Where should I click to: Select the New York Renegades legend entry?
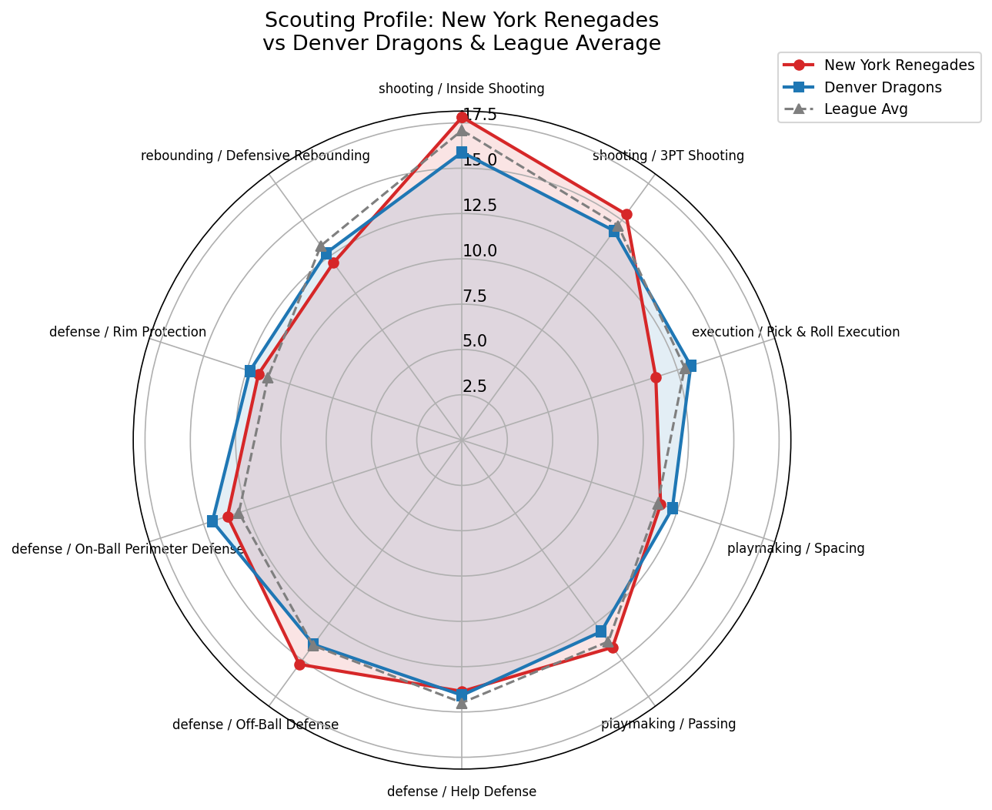[x=899, y=65]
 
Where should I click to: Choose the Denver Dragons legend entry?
[x=882, y=87]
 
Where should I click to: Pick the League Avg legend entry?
[x=865, y=109]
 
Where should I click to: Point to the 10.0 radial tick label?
[x=479, y=251]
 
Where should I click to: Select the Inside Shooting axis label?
[x=461, y=89]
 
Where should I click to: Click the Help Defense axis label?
[x=461, y=792]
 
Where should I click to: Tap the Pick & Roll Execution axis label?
[x=795, y=333]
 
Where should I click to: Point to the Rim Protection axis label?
[x=128, y=333]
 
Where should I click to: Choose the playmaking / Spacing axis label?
[x=796, y=549]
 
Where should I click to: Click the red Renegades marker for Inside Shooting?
[x=462, y=117]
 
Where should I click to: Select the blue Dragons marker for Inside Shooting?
[x=462, y=152]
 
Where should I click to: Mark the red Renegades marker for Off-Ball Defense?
[x=299, y=664]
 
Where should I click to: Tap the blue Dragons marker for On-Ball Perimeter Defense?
[x=212, y=521]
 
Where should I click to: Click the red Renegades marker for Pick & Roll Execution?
[x=656, y=377]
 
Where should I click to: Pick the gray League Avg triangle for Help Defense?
[x=462, y=702]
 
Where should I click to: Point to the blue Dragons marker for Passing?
[x=601, y=631]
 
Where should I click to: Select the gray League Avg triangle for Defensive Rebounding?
[x=320, y=246]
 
